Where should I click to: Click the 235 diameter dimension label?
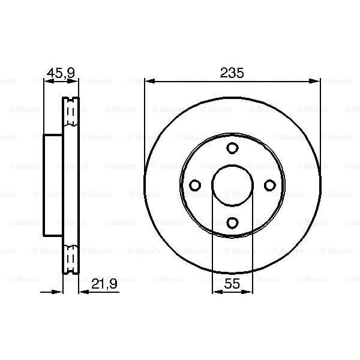232,73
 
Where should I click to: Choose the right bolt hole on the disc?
269,185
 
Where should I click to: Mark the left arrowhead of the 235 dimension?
148,80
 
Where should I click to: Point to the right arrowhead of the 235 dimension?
316,80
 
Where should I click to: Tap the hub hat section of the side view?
53,185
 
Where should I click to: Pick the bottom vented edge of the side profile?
71,260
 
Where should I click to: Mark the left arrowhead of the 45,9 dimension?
46,80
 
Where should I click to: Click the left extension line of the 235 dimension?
145,120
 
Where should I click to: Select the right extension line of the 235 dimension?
320,120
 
